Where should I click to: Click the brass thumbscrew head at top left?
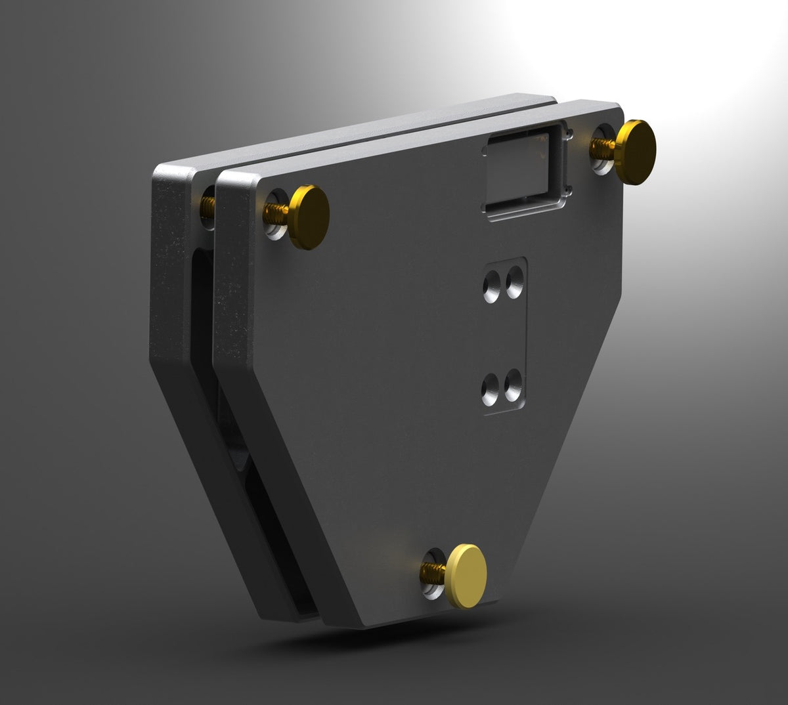[x=309, y=217]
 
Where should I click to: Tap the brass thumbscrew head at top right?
[x=636, y=152]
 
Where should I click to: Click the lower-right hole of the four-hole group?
[x=514, y=383]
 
